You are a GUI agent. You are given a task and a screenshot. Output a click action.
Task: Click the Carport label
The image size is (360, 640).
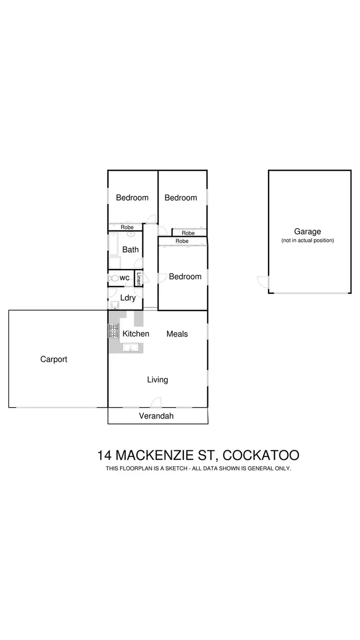54,359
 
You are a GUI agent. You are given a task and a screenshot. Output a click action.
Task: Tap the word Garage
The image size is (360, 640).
307,232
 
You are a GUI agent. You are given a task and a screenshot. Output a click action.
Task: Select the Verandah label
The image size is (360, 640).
156,416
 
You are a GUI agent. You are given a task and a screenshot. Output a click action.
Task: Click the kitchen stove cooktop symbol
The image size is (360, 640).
114,331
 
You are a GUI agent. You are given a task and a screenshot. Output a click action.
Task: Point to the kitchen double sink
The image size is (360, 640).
131,348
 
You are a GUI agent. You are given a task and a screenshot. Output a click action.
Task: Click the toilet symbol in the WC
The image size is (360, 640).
114,278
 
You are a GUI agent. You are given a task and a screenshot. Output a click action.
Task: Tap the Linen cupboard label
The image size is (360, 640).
138,278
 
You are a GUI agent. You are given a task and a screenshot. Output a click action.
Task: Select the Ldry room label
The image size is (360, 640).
128,298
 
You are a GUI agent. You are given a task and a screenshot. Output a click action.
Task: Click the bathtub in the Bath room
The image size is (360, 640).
113,244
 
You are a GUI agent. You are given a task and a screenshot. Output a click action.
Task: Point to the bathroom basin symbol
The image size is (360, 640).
131,235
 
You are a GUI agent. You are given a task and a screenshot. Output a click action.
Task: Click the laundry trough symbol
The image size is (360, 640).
115,305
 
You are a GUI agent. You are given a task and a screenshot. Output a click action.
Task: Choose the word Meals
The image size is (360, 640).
177,334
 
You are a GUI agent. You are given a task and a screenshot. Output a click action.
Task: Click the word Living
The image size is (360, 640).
157,380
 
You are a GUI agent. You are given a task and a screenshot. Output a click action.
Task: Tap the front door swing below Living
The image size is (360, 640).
156,402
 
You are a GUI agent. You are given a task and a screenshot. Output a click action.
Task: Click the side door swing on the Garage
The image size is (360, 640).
263,282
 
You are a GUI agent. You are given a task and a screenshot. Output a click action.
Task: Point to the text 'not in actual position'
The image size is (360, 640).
307,241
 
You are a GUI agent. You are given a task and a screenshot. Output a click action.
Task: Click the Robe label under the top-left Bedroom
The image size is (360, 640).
127,227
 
